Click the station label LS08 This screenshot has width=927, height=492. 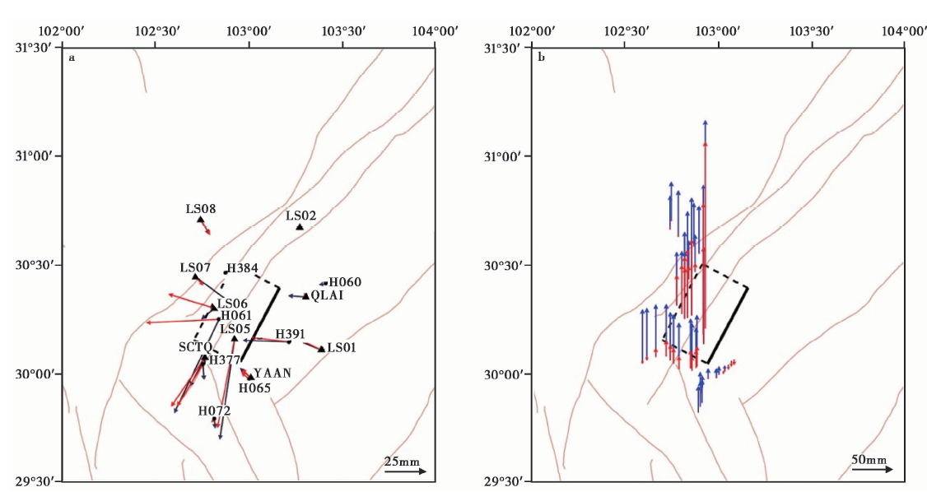(201, 209)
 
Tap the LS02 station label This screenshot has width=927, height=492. (300, 216)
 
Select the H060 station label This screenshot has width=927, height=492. (345, 282)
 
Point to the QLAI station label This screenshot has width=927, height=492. (327, 295)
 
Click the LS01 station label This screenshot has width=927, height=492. (342, 348)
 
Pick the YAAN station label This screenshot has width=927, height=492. (272, 373)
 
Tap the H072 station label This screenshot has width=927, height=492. (214, 411)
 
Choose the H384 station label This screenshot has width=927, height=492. (243, 268)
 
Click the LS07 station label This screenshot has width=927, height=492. (196, 268)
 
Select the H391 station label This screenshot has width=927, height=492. (291, 333)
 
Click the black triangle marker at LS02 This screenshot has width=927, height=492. (300, 226)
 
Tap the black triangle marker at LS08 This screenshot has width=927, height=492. (200, 220)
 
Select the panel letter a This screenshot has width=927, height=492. (72, 58)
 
